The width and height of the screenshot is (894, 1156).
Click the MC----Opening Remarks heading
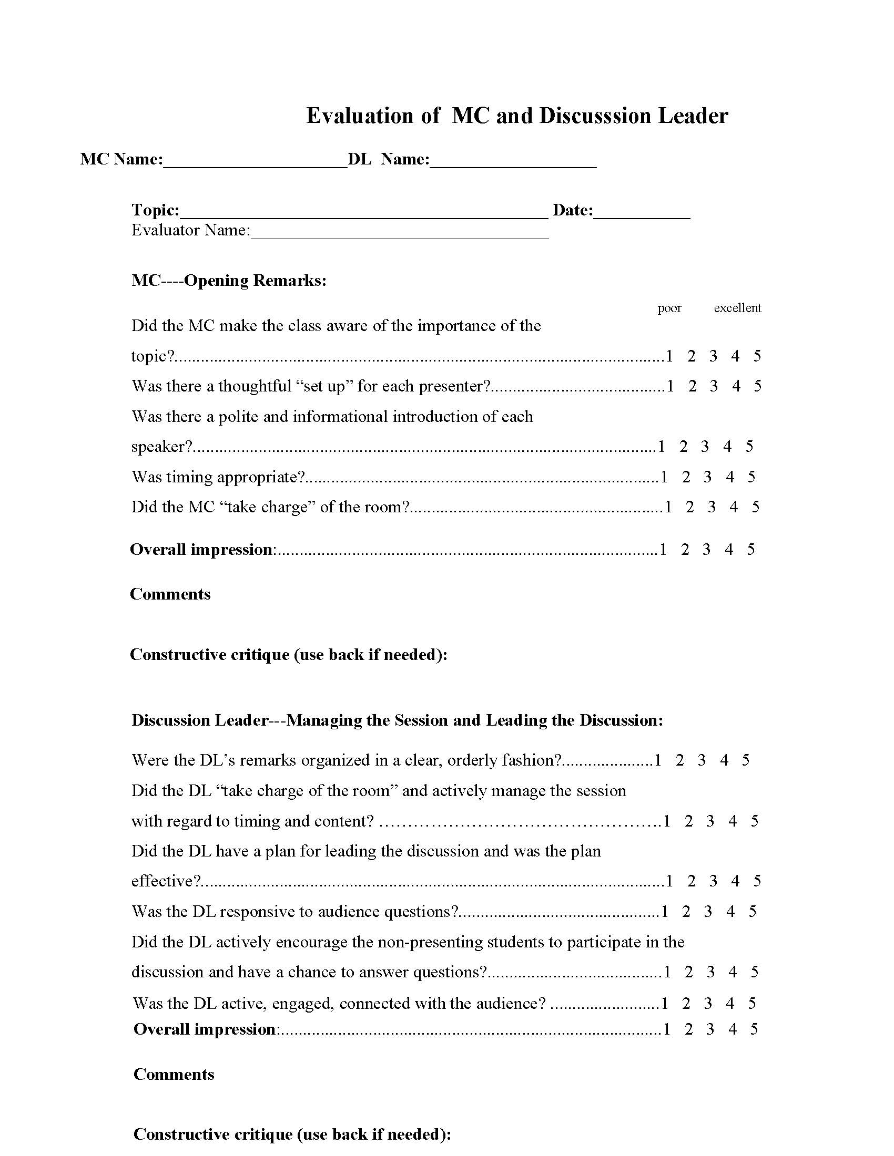click(x=229, y=280)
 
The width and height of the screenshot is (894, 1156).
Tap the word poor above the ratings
click(x=669, y=308)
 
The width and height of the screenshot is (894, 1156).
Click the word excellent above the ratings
click(x=737, y=308)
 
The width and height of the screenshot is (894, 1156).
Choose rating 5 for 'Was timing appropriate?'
click(x=751, y=477)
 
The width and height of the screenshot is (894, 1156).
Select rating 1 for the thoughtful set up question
click(x=670, y=386)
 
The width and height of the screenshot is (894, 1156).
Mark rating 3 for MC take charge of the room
click(x=712, y=507)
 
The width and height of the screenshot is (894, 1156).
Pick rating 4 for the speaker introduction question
click(x=727, y=447)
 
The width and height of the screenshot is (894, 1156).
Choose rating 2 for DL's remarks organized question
click(x=680, y=760)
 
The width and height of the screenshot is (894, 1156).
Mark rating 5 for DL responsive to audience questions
click(x=753, y=912)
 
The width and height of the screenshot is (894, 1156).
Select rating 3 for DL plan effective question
click(x=714, y=881)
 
